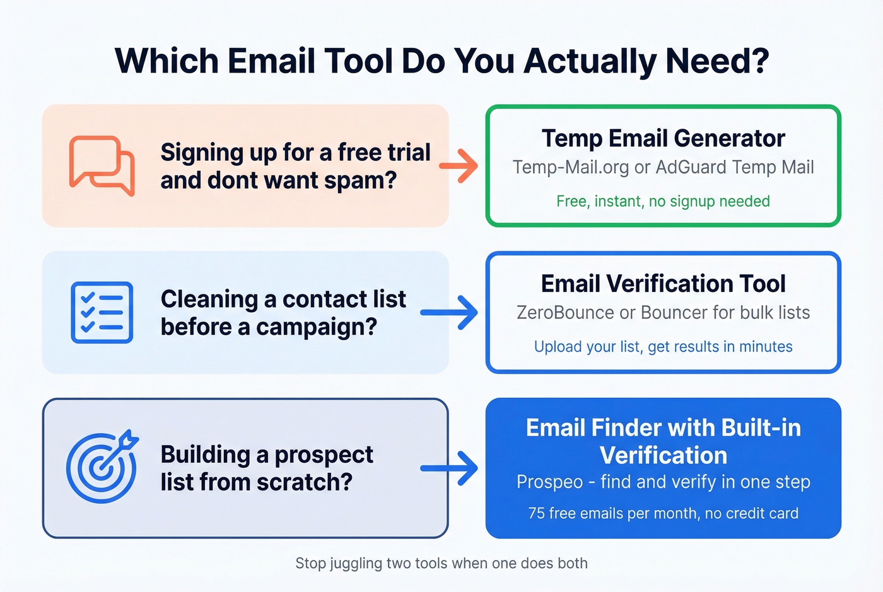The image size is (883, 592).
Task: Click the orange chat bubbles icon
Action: tap(102, 166)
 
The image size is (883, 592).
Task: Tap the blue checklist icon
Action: tap(102, 313)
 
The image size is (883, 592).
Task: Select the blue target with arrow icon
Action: tap(102, 467)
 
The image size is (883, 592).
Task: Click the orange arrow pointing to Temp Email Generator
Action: tap(459, 166)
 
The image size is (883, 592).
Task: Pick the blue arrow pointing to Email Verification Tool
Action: tap(449, 313)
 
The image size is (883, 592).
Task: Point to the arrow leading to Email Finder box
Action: tap(449, 468)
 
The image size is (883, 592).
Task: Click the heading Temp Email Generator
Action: tap(663, 138)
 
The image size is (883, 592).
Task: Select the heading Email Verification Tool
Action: tap(663, 284)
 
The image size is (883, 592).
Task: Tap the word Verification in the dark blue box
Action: tap(663, 455)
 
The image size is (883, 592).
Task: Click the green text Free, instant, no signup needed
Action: tap(663, 201)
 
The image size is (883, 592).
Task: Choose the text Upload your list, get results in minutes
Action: tap(663, 347)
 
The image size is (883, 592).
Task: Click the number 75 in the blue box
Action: tap(537, 513)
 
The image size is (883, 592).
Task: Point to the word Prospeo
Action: tap(549, 482)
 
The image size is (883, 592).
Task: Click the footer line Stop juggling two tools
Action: tap(441, 563)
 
